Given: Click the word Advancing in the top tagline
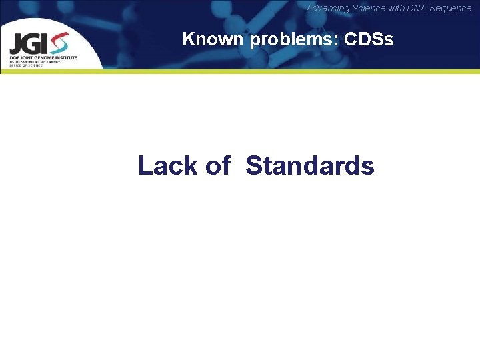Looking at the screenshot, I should click(x=326, y=8).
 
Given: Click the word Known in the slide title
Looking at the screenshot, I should click(x=213, y=39).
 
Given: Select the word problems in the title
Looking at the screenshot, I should click(x=294, y=40).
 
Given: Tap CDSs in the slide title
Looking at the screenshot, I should click(x=369, y=39).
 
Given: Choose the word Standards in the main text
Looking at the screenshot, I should click(x=310, y=165).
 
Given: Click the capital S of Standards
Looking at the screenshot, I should click(x=254, y=165).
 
